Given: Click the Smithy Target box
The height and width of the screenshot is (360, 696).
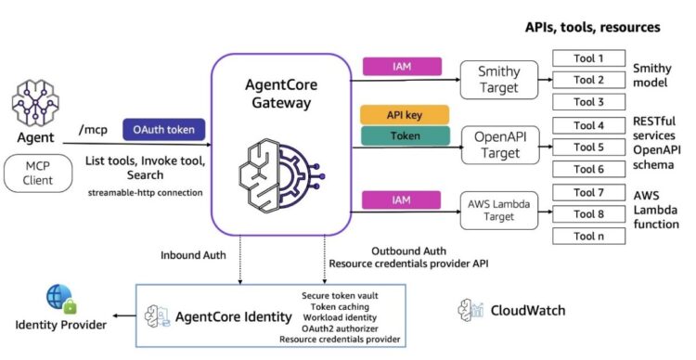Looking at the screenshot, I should pyautogui.click(x=499, y=80).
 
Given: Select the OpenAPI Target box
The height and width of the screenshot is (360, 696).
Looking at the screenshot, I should pyautogui.click(x=499, y=147).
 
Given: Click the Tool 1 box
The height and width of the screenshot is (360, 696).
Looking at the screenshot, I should pyautogui.click(x=587, y=58).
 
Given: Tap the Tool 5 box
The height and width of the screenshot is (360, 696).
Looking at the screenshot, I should pyautogui.click(x=587, y=147).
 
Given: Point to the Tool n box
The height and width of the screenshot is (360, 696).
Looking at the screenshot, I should pyautogui.click(x=587, y=236).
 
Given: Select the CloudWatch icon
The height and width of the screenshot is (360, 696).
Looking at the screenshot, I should pyautogui.click(x=471, y=309).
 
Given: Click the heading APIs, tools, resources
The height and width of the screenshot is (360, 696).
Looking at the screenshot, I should pyautogui.click(x=592, y=28).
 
